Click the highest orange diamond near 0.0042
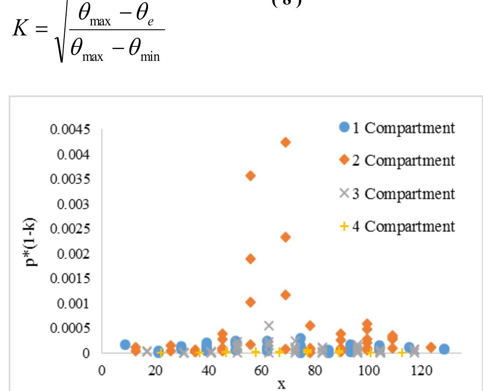click(x=286, y=142)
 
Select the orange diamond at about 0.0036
click(x=250, y=176)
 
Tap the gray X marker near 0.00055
click(x=269, y=325)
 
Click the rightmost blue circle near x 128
click(x=444, y=349)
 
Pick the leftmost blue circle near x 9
click(x=125, y=345)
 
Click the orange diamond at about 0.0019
click(x=250, y=259)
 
